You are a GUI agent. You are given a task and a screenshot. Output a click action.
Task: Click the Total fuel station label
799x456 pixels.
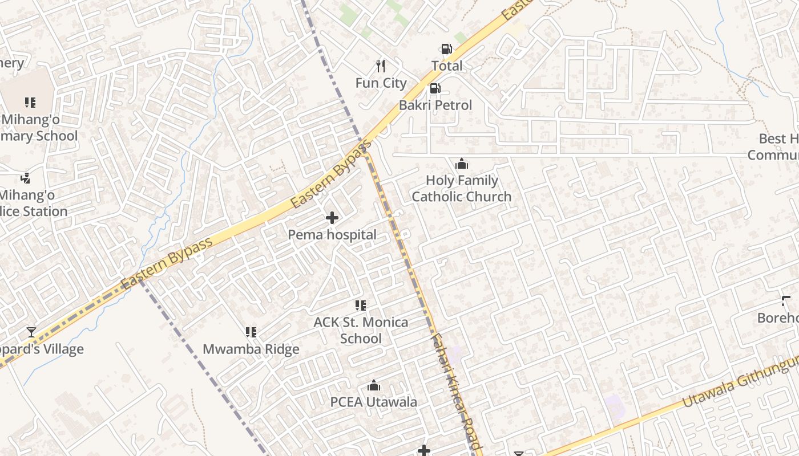pyautogui.click(x=447, y=66)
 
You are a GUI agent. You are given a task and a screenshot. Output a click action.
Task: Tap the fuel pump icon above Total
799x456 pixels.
pyautogui.click(x=446, y=49)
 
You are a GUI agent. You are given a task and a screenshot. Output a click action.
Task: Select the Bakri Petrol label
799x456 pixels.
pyautogui.click(x=435, y=105)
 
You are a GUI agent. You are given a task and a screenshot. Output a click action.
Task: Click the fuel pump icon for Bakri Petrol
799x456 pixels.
pyautogui.click(x=435, y=88)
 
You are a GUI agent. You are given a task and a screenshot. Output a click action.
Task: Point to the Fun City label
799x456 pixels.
pyautogui.click(x=381, y=83)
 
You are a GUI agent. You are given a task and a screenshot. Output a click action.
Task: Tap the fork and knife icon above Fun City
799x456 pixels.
pyautogui.click(x=381, y=66)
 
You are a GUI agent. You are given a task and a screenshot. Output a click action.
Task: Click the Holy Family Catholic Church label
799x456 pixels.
pyautogui.click(x=461, y=189)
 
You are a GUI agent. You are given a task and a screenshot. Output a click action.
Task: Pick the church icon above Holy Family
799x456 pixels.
pyautogui.click(x=462, y=164)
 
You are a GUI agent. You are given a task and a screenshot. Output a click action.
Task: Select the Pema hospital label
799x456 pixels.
pyautogui.click(x=332, y=235)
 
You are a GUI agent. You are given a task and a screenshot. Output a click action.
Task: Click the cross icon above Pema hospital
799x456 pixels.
pyautogui.click(x=332, y=218)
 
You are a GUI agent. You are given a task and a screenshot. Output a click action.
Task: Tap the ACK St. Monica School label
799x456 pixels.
pyautogui.click(x=361, y=331)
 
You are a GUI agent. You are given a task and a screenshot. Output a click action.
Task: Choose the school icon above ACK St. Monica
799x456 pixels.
pyautogui.click(x=361, y=306)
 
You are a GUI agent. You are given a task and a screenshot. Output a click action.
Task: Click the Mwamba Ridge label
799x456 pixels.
pyautogui.click(x=251, y=349)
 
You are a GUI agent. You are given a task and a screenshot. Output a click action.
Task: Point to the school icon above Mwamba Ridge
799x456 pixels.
pyautogui.click(x=251, y=332)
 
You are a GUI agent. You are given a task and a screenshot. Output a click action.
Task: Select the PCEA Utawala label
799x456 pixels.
pyautogui.click(x=374, y=402)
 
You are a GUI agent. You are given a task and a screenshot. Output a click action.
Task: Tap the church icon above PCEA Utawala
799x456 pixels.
pyautogui.click(x=374, y=386)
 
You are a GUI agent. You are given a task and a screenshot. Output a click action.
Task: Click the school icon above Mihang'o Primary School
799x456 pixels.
pyautogui.click(x=30, y=103)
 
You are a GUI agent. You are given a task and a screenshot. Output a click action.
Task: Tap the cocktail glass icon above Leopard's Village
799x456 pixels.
pyautogui.click(x=31, y=332)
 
